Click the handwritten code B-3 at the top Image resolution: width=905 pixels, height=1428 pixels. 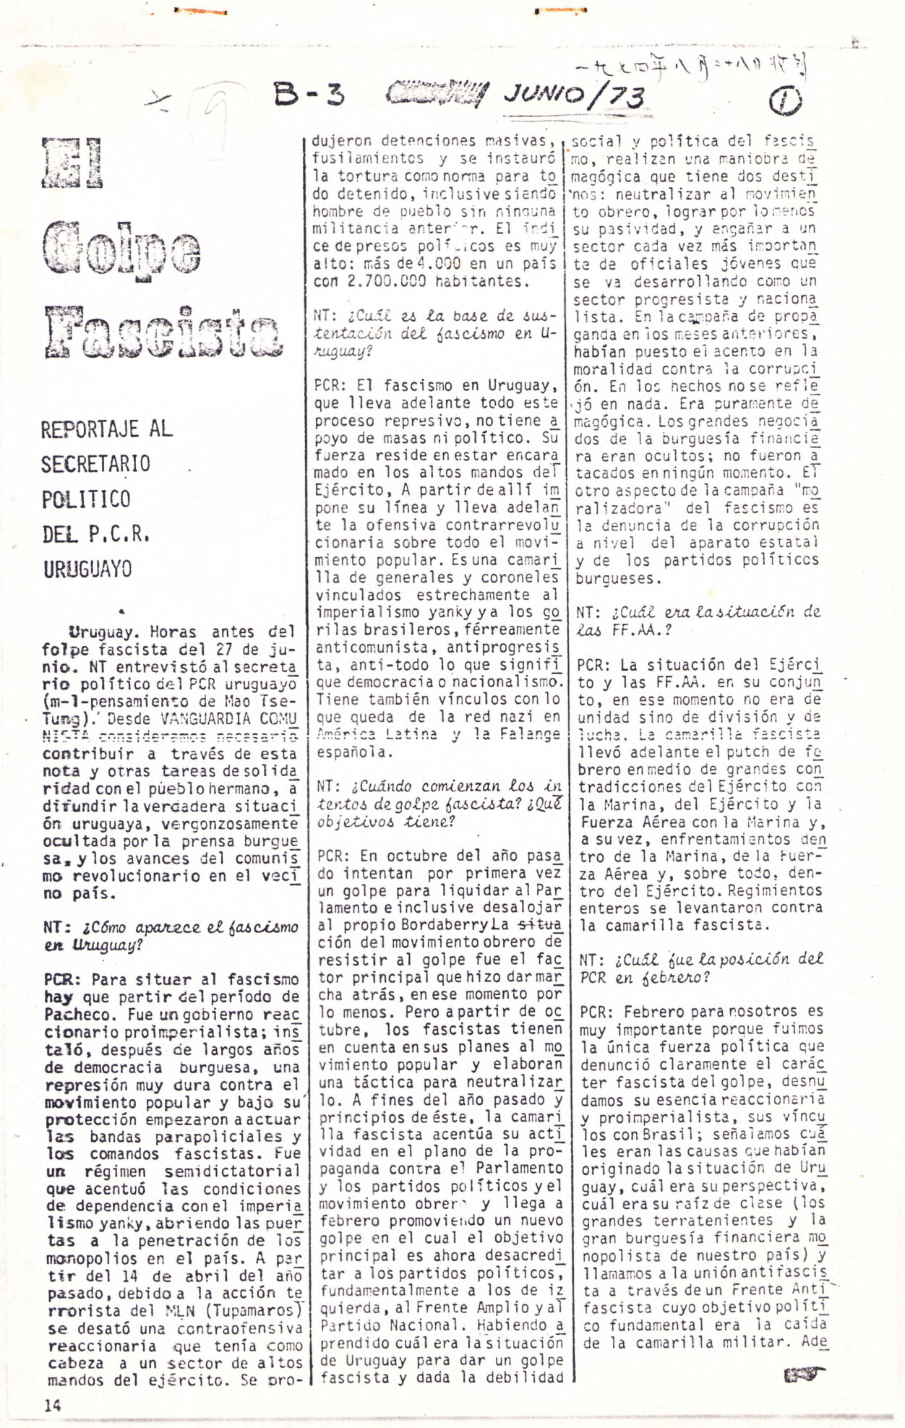[x=309, y=94]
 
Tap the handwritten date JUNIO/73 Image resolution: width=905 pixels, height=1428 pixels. [x=574, y=95]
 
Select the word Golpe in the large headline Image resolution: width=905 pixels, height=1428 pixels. [x=121, y=248]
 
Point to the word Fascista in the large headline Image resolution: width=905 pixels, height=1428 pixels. [x=162, y=332]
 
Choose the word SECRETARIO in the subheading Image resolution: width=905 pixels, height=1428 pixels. [x=95, y=464]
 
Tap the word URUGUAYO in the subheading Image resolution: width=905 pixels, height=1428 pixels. [x=87, y=569]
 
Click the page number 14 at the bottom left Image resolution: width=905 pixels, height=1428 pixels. [x=53, y=1406]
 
